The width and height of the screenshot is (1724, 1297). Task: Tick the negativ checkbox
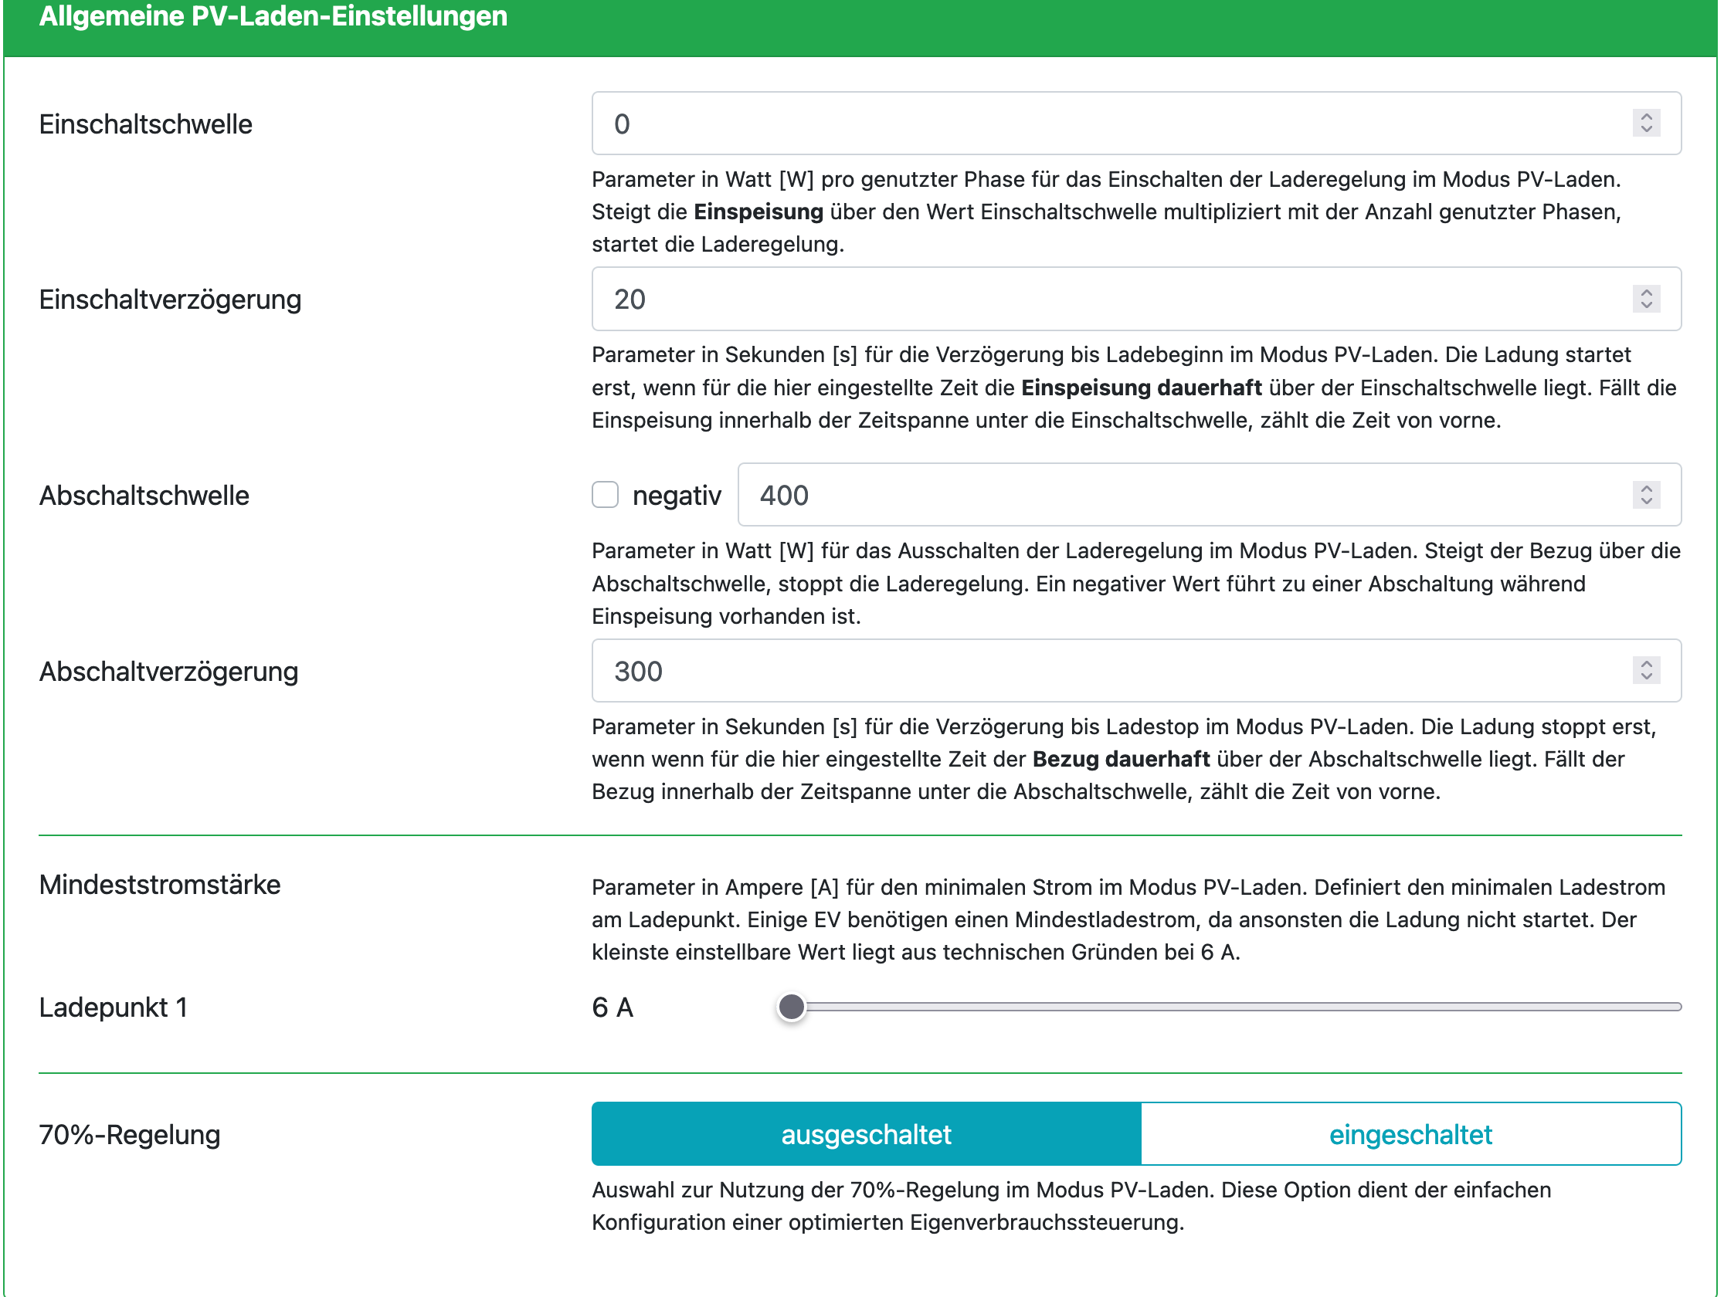(x=605, y=496)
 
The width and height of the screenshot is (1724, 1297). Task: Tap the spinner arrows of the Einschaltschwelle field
(x=1646, y=124)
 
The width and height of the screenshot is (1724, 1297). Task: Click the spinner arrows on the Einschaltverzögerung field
(x=1646, y=299)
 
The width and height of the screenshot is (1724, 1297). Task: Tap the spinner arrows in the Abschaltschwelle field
(x=1646, y=496)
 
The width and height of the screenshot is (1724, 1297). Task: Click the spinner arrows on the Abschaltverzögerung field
(x=1646, y=672)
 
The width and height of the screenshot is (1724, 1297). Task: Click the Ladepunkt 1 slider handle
(x=791, y=1007)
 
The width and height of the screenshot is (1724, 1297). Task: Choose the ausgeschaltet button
(x=866, y=1134)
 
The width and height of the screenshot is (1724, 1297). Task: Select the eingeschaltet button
(x=1410, y=1134)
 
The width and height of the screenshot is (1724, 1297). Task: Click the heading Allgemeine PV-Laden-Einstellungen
(x=273, y=17)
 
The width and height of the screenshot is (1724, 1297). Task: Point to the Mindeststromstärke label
(x=160, y=886)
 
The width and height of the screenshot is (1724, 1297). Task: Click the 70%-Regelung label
(x=131, y=1135)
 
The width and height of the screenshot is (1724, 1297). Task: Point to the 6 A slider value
(x=613, y=1008)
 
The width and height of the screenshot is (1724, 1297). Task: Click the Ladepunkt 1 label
(x=113, y=1008)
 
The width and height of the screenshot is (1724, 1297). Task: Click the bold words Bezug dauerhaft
(x=1121, y=760)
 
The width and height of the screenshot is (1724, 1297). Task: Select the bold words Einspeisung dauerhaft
(x=1141, y=388)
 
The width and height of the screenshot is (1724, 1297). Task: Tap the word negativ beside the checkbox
(x=677, y=496)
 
